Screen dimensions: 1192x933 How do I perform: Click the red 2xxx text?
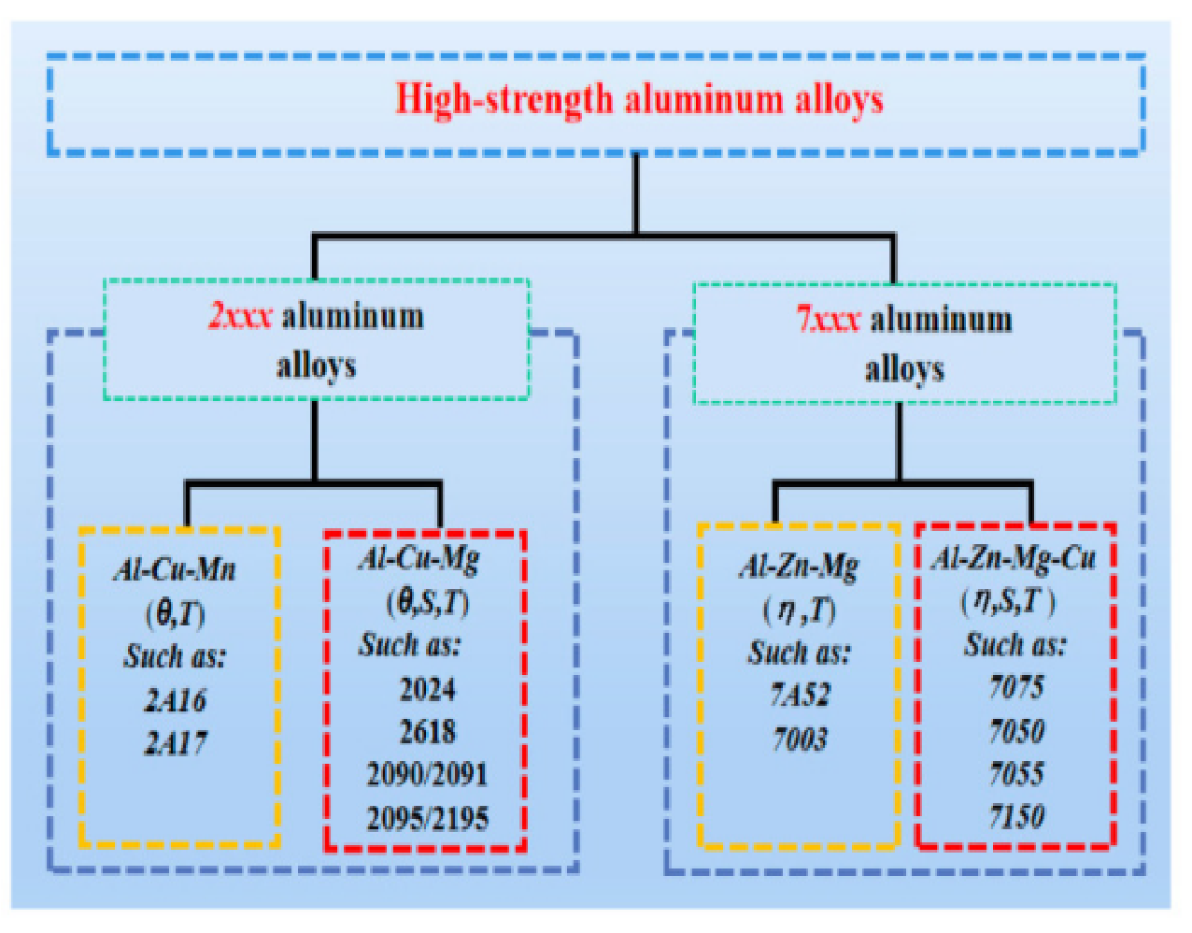coord(240,317)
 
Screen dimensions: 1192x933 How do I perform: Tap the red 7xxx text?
coord(829,320)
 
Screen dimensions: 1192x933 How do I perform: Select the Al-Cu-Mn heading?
coord(175,569)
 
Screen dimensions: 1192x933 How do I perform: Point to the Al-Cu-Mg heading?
coord(419,560)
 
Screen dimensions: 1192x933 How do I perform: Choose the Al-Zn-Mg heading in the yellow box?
coord(799,567)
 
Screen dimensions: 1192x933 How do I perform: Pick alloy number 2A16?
coord(175,700)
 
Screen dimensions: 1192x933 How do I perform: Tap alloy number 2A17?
coord(175,743)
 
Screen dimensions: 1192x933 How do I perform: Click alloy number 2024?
coord(427,689)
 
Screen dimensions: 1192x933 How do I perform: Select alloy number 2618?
coord(427,732)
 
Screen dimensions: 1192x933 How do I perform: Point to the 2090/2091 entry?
coord(427,774)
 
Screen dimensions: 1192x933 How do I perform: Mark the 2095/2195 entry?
coord(427,819)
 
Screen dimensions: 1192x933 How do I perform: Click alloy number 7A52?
coord(801,695)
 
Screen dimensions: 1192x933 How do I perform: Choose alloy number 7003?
coord(800,739)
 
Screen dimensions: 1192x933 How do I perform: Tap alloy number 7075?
coord(1016,687)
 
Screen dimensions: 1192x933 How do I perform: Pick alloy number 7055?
coord(1016,774)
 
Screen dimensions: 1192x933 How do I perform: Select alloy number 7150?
coord(1016,817)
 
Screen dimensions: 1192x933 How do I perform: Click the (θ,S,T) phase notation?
coord(428,605)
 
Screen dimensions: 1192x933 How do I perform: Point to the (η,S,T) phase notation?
coord(1007,603)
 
